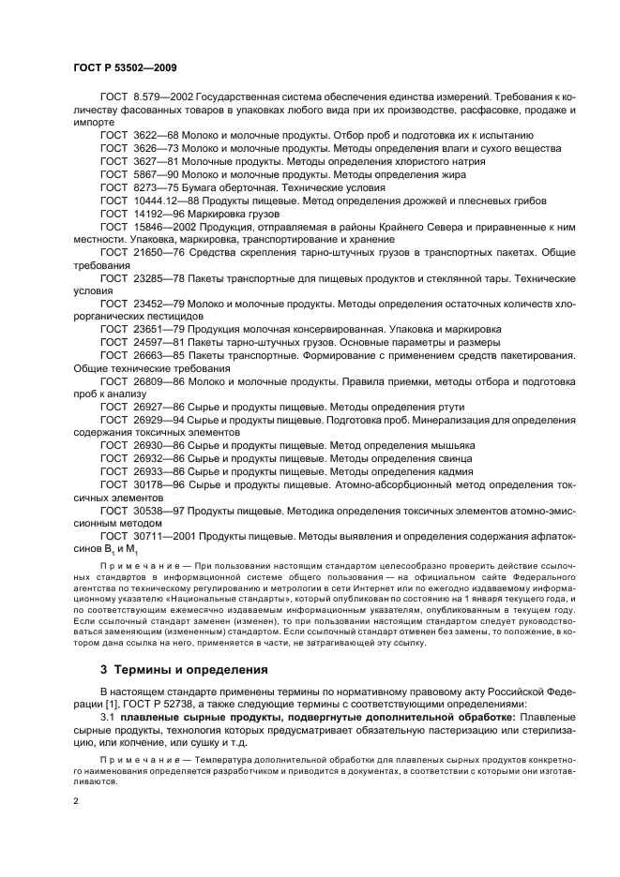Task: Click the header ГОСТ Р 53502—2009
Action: (x=126, y=67)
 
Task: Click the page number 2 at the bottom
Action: (x=77, y=801)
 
